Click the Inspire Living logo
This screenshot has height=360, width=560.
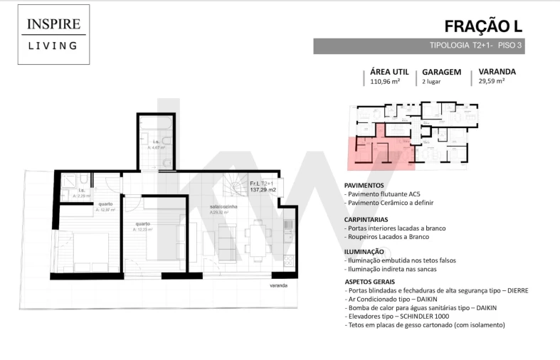coord(53,34)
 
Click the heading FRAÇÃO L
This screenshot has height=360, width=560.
coord(483,26)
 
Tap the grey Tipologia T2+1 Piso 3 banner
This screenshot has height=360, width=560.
coord(418,46)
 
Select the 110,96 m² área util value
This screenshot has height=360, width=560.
coord(385,82)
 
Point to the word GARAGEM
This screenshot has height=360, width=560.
coord(441,72)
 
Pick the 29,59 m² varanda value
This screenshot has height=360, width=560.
coord(492,82)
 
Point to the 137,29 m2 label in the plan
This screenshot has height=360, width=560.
coord(263,191)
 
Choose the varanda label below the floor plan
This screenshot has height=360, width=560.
coord(278,285)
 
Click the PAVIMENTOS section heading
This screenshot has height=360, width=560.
coord(364,185)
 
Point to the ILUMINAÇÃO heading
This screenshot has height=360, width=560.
coord(364,251)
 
